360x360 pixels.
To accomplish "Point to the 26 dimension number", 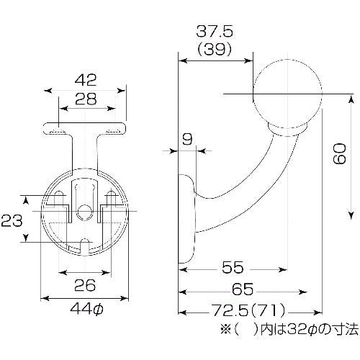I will pos(86,285).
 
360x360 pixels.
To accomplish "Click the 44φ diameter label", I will pos(86,310).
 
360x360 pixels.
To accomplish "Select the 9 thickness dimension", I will pos(187,139).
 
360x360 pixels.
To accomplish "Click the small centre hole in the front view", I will pos(86,212).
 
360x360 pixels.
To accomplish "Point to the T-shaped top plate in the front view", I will pos(86,130).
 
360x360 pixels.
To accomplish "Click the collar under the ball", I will pos(288,130).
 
